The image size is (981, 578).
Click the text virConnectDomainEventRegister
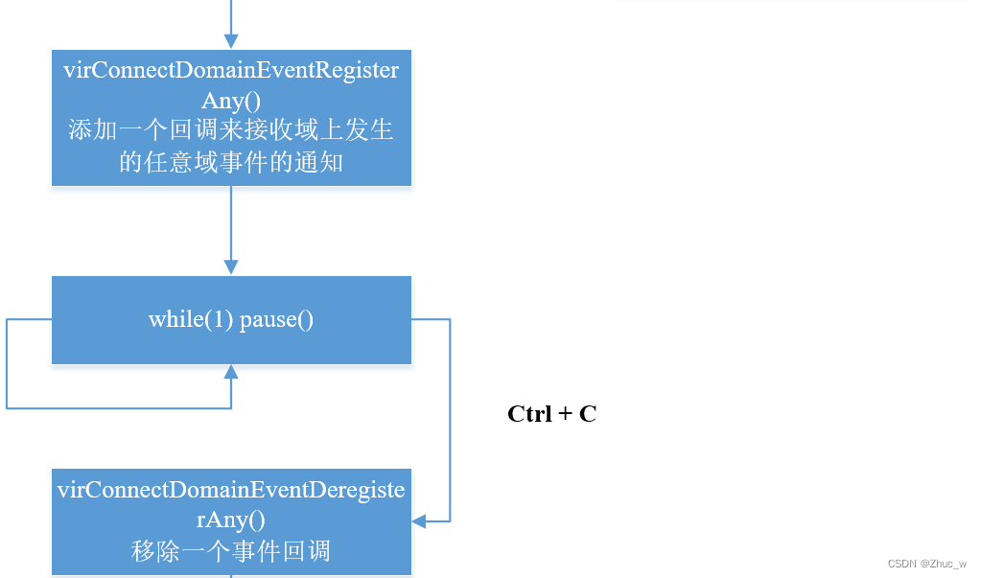tap(231, 70)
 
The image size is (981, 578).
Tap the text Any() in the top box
tap(231, 100)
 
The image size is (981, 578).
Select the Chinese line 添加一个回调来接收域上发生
tap(231, 130)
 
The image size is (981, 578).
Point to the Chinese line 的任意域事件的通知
tap(231, 161)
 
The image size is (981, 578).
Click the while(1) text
tap(191, 319)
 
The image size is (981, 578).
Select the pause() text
tap(276, 319)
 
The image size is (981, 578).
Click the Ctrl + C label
tap(551, 414)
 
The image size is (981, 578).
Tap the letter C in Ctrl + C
tap(588, 414)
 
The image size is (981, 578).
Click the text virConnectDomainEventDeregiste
tap(231, 490)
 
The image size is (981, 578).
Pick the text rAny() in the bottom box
tap(231, 520)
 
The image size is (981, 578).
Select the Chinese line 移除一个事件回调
tap(231, 551)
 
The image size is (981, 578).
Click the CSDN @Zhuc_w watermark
tap(926, 564)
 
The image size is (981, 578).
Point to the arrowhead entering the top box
tap(231, 42)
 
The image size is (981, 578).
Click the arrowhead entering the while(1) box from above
tap(231, 267)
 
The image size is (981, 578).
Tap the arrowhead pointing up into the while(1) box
tap(231, 372)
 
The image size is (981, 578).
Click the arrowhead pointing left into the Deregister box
tap(419, 521)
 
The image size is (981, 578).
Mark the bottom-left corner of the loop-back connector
tap(8, 408)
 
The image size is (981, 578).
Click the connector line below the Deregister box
tap(231, 575)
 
